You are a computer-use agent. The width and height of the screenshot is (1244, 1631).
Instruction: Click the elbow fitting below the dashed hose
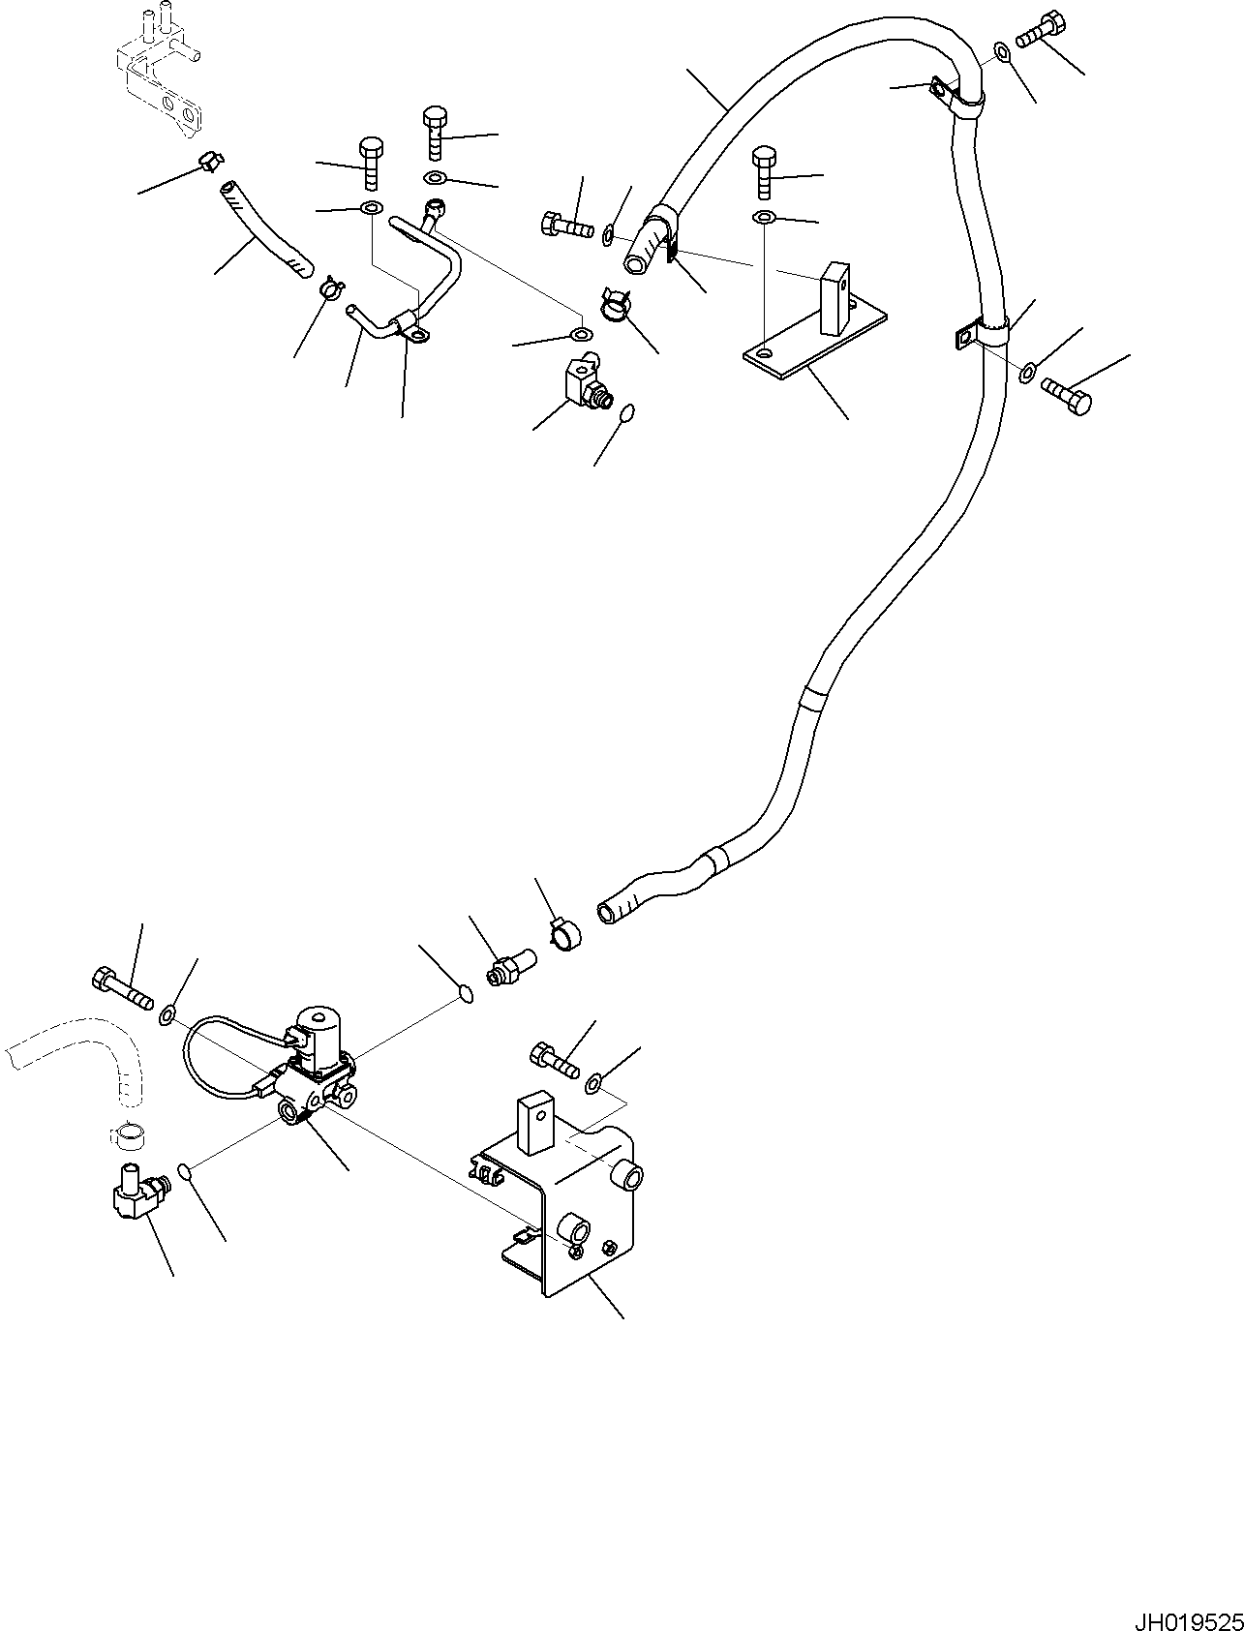(133, 1195)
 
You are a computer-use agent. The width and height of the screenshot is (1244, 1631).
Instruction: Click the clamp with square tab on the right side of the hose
(983, 334)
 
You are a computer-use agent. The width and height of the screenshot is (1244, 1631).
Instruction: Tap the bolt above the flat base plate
(764, 171)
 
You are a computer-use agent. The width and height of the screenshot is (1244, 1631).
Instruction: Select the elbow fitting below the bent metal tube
(586, 384)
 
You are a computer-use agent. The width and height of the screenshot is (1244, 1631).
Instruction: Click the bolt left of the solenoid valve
(121, 985)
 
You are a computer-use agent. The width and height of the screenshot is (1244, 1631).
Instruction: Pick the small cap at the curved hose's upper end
(209, 162)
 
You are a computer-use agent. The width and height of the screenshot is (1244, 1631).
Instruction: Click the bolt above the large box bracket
(553, 1058)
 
